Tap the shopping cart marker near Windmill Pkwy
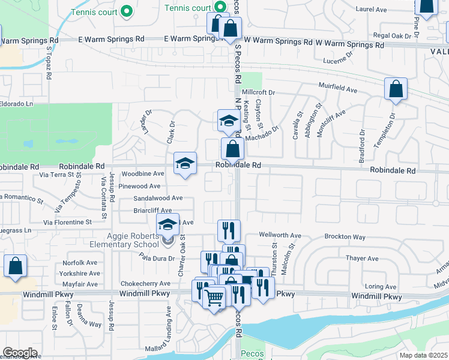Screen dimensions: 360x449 (x=214, y=296)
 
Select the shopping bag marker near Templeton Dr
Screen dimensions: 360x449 (x=396, y=89)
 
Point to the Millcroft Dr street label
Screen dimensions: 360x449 (x=258, y=92)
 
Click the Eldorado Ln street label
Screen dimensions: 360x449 (x=16, y=104)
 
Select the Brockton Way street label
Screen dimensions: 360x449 (x=345, y=237)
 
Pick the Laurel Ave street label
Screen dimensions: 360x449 (x=372, y=10)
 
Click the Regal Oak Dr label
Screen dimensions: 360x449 (x=392, y=36)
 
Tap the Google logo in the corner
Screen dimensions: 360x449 (x=19, y=353)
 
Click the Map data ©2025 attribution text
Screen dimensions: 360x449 (x=424, y=355)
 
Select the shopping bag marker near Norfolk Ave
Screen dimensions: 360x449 (x=15, y=266)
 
